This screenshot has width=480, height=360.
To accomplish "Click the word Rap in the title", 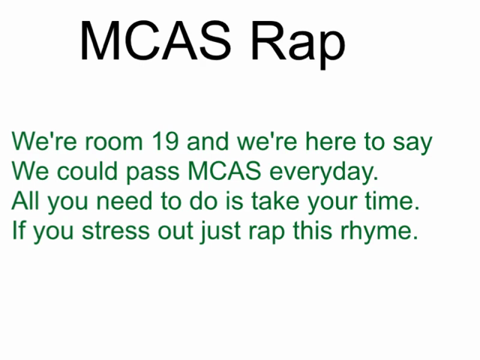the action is (x=298, y=43).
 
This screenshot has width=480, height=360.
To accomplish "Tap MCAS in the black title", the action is (x=155, y=40).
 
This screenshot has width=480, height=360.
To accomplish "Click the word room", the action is (x=114, y=142).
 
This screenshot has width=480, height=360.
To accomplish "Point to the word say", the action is (x=412, y=144).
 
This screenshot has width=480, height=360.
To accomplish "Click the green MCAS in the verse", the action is (x=224, y=170).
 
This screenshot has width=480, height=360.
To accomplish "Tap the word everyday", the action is (x=323, y=172).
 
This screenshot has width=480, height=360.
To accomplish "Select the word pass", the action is (x=153, y=173).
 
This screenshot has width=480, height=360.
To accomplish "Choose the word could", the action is (x=87, y=170).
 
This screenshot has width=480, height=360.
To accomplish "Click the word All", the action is (x=25, y=200).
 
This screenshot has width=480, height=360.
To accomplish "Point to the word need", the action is (x=124, y=200).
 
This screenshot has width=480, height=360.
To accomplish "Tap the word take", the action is (x=275, y=200).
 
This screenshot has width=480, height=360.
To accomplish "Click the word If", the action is (x=19, y=229).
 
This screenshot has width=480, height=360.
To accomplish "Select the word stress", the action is (x=115, y=231).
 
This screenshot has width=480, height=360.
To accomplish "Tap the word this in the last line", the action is (x=313, y=229).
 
